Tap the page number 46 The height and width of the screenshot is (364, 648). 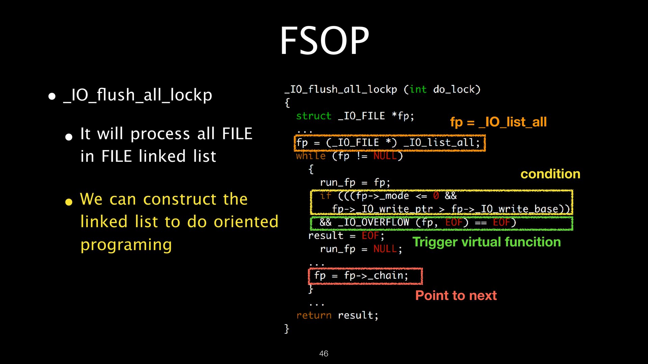tap(324, 353)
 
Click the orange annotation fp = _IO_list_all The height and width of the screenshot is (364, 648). tap(498, 122)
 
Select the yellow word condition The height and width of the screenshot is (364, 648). tap(550, 174)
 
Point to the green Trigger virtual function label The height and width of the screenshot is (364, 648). tap(486, 242)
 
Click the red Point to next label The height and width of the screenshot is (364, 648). tap(456, 296)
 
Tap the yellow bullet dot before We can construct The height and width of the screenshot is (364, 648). tap(69, 202)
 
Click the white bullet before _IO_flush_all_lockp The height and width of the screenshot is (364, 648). tap(52, 97)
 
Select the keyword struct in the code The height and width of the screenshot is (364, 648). tap(314, 116)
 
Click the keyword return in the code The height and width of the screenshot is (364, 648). tap(314, 315)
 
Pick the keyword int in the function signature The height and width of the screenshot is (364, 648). tap(418, 89)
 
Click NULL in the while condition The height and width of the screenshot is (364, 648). tap(385, 156)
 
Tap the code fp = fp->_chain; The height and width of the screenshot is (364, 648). tap(361, 276)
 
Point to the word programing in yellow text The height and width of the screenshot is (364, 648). tap(126, 245)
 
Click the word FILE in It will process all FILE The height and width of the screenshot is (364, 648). tap(237, 134)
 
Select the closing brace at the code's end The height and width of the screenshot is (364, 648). tap(287, 328)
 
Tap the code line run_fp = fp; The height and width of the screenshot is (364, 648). tap(355, 182)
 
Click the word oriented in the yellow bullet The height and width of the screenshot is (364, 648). tap(246, 222)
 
